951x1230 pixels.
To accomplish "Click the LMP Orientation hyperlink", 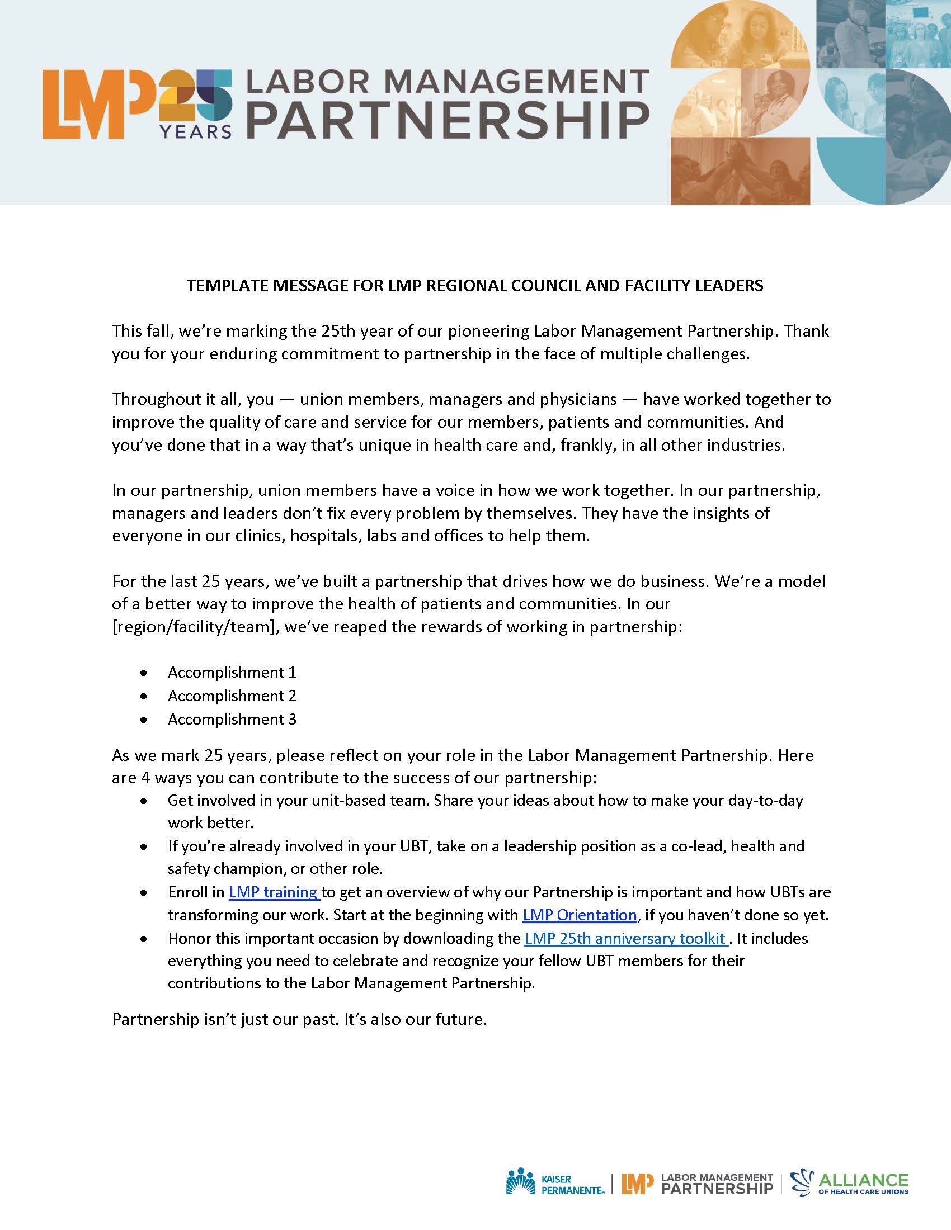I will point(579,915).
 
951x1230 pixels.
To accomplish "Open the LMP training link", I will point(274,892).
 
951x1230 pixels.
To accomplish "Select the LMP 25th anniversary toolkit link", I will point(626,938).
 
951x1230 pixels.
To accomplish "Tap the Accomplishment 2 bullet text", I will point(232,696).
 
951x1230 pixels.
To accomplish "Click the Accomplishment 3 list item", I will point(232,719).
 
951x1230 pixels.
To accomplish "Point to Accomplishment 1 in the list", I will point(232,672).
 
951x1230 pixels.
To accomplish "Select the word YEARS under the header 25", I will point(195,131).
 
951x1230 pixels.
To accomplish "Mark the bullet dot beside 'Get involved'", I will point(145,800).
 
